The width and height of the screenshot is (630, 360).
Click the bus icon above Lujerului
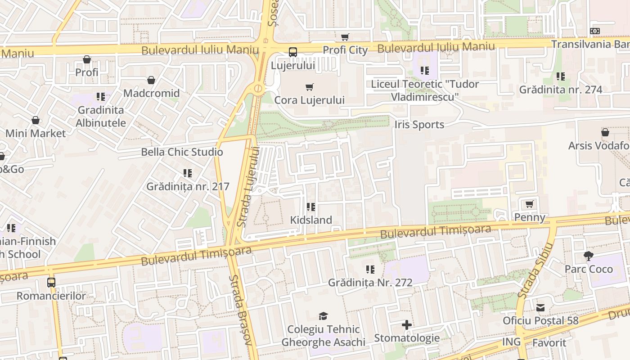[x=293, y=52]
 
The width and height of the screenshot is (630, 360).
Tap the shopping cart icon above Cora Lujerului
[x=309, y=87]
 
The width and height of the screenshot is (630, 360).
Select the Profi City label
[x=345, y=50]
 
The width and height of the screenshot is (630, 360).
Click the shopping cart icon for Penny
[x=530, y=204]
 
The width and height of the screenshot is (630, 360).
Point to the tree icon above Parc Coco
[x=588, y=256]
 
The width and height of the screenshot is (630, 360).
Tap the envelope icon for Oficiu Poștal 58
[x=540, y=308]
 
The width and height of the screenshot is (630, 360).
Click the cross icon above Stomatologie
[x=407, y=325]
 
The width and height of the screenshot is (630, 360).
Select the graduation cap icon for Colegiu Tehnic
[x=323, y=316]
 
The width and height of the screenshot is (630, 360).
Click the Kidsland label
[x=311, y=220]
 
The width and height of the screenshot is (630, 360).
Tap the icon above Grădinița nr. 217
[x=188, y=173]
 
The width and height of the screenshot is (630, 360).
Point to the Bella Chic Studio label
[x=182, y=152]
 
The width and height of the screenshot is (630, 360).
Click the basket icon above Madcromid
[x=151, y=80]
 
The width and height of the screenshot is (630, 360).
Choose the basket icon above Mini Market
[x=35, y=120]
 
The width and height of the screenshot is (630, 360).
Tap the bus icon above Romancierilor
[x=51, y=283]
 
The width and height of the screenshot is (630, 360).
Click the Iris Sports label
[x=419, y=125]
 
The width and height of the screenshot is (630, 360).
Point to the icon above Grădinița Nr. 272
[x=370, y=270]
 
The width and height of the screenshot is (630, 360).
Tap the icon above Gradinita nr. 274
[x=560, y=76]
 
